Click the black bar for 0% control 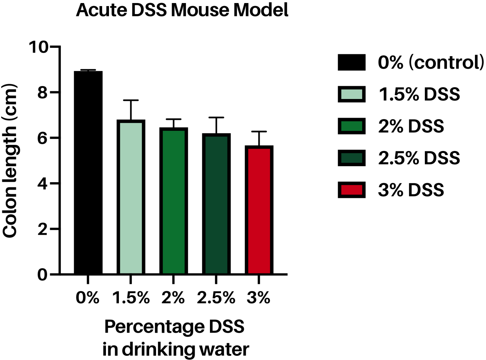point(88,173)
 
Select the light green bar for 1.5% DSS point(131,197)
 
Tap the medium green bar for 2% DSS point(174,201)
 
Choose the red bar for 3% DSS point(259,210)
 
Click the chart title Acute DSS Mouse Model point(182,11)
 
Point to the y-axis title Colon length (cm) point(11,161)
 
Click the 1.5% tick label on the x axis point(131,299)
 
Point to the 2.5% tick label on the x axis point(216,299)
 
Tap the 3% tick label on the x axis point(259,299)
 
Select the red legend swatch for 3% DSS point(351,190)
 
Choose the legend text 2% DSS point(411,126)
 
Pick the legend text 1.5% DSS point(419,94)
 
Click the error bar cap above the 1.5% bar point(131,100)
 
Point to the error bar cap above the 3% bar point(259,132)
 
